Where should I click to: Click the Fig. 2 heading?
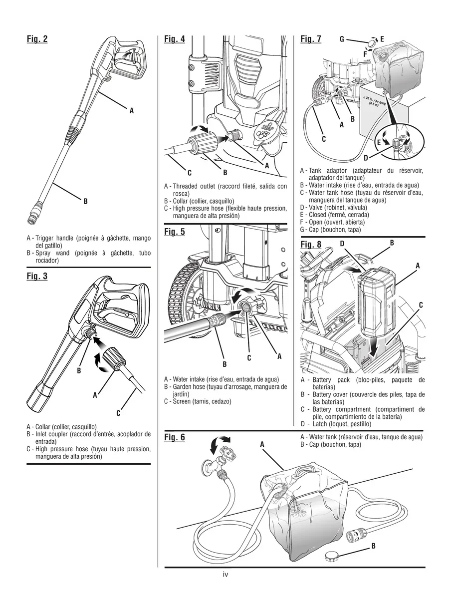pyautogui.click(x=37, y=39)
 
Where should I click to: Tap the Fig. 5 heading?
pyautogui.click(x=174, y=232)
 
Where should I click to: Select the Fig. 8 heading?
pyautogui.click(x=311, y=244)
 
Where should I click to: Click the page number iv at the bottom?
pyautogui.click(x=226, y=575)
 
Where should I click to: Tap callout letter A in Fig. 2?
pyautogui.click(x=132, y=111)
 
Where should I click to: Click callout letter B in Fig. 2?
pyautogui.click(x=85, y=201)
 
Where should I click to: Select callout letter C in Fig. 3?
pyautogui.click(x=118, y=413)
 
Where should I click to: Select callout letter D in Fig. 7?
pyautogui.click(x=366, y=158)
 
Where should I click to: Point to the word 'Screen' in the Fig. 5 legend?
pyautogui.click(x=182, y=401)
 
